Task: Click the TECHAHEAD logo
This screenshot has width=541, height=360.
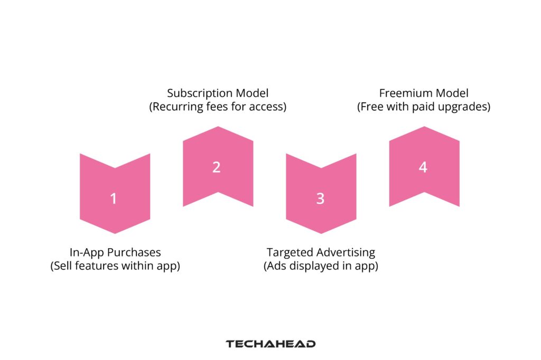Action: pos(270,344)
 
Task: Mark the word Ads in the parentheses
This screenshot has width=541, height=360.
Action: pos(277,266)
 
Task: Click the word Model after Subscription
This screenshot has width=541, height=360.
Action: pos(252,93)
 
